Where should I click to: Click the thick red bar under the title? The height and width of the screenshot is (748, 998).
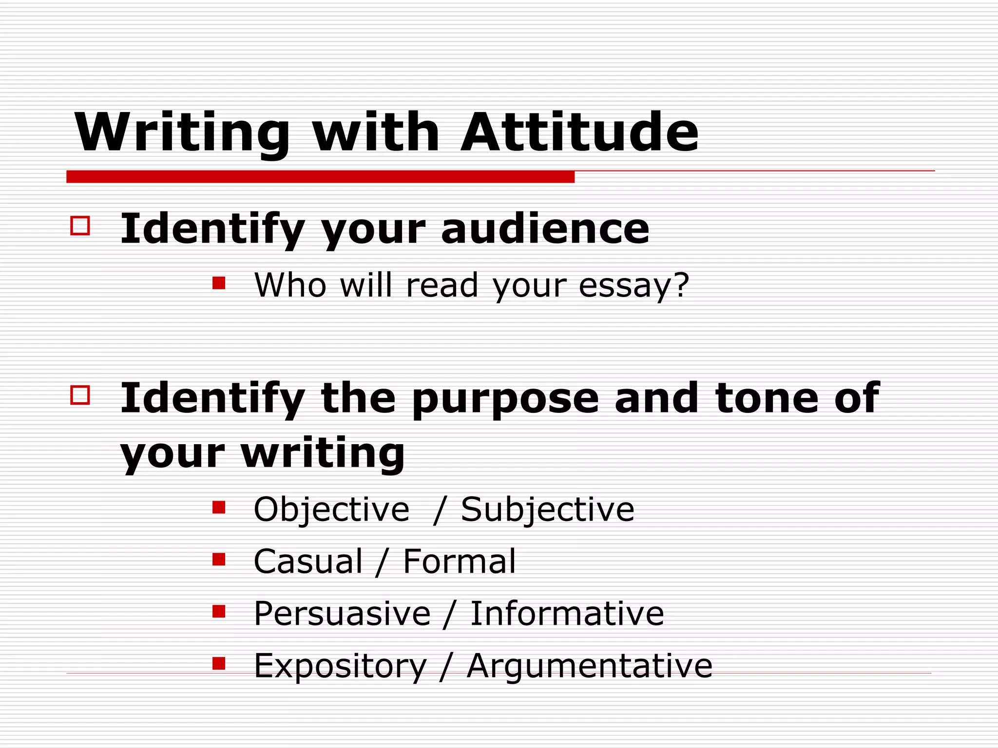pos(320,177)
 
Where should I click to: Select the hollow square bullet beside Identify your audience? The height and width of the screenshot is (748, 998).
pos(80,226)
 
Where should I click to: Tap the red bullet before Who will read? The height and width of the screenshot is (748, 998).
pos(219,283)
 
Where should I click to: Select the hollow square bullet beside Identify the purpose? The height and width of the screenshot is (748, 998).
pos(80,395)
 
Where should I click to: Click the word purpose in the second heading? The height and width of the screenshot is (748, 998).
pos(505,399)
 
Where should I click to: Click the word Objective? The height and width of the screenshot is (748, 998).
pos(331,509)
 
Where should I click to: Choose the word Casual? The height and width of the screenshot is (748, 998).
pos(308,561)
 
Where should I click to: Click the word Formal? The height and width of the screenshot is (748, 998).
pos(459,561)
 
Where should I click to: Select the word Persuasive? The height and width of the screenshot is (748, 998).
pos(342,614)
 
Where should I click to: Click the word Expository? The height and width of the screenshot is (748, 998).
pos(340,667)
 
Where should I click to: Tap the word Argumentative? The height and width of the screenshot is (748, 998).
pos(590,667)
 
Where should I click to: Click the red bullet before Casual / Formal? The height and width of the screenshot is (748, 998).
pos(219,559)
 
